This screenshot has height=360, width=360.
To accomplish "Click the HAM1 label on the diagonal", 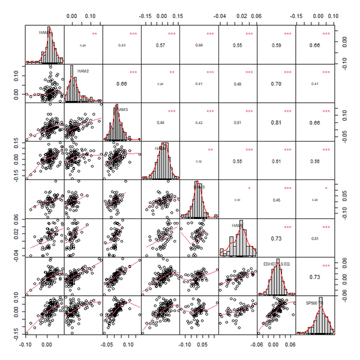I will pos(44,32).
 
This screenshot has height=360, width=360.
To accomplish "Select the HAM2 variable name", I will pos(83,71).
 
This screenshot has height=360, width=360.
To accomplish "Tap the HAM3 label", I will pos(122,110).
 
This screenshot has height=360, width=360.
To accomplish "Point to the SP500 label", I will pos(312,303).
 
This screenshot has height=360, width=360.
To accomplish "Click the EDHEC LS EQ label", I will pos(277,265).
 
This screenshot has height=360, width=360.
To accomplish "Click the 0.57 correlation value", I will pos(161,45).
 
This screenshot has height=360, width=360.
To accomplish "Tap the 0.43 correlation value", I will pos(122,46).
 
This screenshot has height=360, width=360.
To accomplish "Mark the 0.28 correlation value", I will pos(315,200).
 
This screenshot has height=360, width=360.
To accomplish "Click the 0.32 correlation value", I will pos(199,161).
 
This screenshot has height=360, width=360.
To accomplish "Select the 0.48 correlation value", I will pos(238,84).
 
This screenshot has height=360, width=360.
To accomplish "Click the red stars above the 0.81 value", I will pos(288,111).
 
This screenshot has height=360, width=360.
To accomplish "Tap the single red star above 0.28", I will pos(326,188).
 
